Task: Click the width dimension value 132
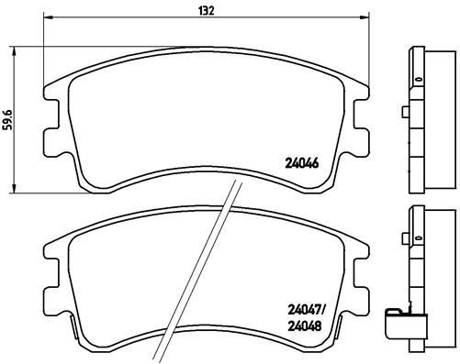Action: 208,10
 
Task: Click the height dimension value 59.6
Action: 9,119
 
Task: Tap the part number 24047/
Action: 304,311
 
